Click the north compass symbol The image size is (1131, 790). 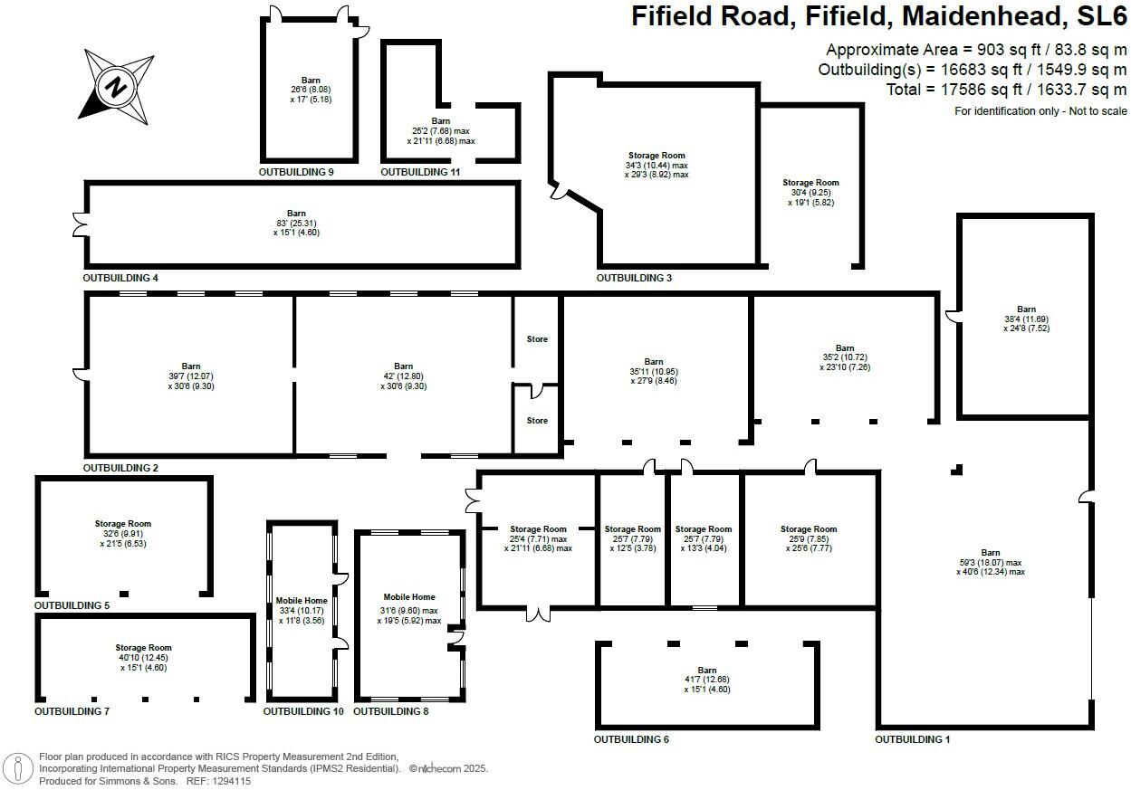[116, 88]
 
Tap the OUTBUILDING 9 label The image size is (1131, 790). [297, 171]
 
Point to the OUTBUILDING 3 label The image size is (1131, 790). [634, 278]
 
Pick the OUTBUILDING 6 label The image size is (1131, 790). [631, 739]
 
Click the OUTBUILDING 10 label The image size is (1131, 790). [303, 711]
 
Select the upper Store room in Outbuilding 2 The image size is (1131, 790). [537, 339]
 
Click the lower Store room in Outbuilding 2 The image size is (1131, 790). [537, 421]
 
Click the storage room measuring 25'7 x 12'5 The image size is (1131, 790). [632, 538]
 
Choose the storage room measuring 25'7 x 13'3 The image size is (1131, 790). [704, 538]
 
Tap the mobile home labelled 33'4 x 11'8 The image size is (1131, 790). [302, 611]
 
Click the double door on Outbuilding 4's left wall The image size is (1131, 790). [79, 224]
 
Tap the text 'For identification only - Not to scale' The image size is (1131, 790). [1040, 110]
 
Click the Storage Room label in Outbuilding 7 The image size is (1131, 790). [143, 648]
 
